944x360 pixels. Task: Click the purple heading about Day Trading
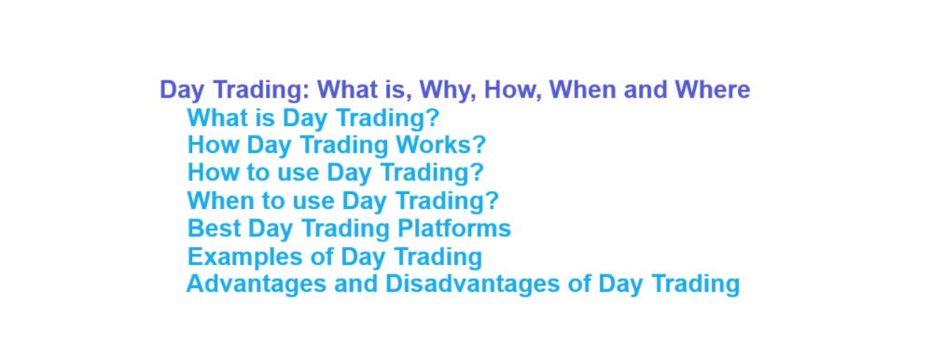click(454, 90)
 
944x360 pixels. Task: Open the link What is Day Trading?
click(312, 118)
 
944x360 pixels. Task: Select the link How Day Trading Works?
click(337, 145)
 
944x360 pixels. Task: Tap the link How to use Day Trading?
click(335, 173)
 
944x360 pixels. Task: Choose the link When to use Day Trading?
click(342, 201)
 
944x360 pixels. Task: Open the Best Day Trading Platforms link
click(349, 228)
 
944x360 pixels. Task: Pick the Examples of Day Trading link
click(334, 256)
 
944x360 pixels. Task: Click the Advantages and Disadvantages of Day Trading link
click(463, 284)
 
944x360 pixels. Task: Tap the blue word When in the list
click(217, 201)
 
